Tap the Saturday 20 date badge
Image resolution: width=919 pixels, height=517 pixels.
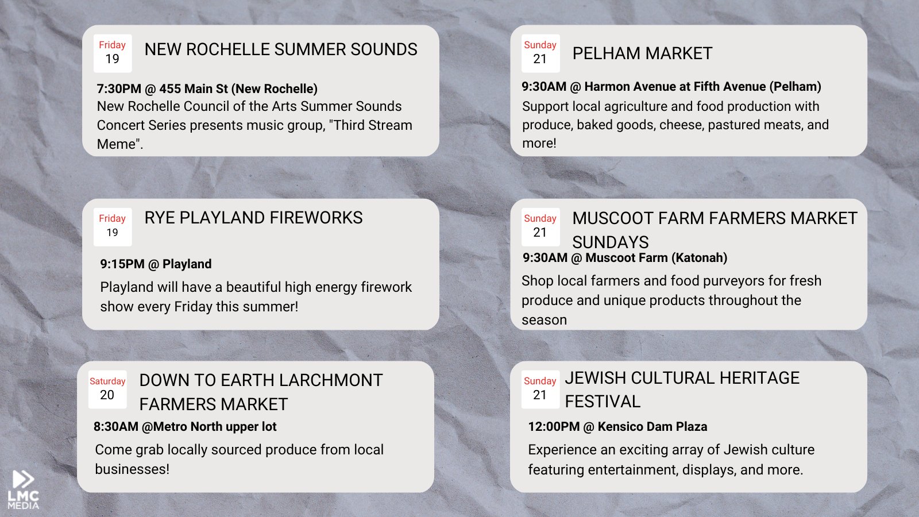point(107,389)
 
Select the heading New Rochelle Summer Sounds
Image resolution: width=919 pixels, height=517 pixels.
point(281,49)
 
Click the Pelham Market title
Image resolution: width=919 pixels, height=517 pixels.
point(642,53)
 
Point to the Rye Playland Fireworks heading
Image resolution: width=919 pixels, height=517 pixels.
point(253,218)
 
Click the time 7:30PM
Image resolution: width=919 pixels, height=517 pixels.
point(119,88)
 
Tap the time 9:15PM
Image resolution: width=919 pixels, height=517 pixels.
point(122,264)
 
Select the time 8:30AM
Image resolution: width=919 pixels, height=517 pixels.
point(115,427)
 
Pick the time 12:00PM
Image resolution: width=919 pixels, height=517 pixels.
point(554,427)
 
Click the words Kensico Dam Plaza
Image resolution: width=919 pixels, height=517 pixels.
point(652,427)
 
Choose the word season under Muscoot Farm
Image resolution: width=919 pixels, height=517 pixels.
point(544,320)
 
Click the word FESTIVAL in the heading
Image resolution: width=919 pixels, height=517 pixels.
point(603,402)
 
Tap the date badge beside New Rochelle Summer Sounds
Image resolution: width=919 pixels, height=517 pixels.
point(113,53)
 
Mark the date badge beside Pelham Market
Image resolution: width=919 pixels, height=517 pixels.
point(540,53)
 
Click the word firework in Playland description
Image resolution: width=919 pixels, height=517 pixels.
point(386,287)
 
